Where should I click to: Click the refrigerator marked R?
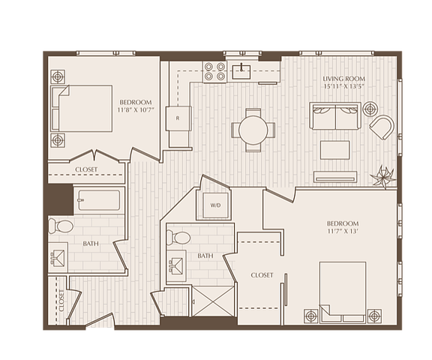coord(178,118)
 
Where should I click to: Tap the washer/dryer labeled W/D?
coord(215,205)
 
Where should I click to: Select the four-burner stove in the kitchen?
coord(214,71)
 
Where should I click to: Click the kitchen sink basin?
coord(241,72)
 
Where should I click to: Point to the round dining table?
coord(253,130)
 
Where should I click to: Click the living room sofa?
coord(335,115)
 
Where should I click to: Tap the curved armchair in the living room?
coord(382,127)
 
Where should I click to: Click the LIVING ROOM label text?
coord(344,79)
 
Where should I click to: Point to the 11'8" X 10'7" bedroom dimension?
coord(136,109)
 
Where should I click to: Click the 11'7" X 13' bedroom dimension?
coord(343,231)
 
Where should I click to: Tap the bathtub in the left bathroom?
coord(99,200)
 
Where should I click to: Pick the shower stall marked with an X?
coord(213,301)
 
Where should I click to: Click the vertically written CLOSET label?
coord(61,301)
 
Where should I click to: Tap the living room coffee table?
coord(335,150)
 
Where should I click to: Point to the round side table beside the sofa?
coord(370,109)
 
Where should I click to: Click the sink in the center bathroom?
coord(176,265)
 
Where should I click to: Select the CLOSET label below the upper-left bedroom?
coord(86,169)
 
